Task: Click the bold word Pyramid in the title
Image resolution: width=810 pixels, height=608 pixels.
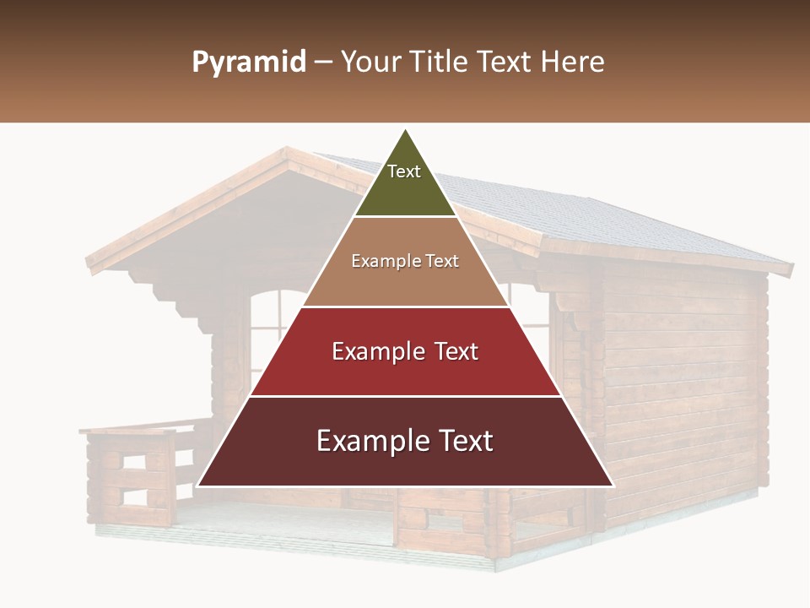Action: click(249, 62)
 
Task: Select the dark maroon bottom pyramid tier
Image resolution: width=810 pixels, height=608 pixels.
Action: click(405, 464)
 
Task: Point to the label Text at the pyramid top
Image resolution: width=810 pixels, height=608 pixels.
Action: click(403, 171)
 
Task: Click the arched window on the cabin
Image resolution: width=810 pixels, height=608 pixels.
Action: click(274, 329)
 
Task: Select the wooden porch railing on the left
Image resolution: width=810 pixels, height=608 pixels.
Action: click(135, 473)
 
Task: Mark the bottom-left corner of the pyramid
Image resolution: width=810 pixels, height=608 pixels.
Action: click(198, 486)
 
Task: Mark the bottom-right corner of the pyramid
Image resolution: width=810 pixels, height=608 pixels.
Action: click(613, 486)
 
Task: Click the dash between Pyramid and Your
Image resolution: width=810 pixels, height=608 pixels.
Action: click(323, 62)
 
